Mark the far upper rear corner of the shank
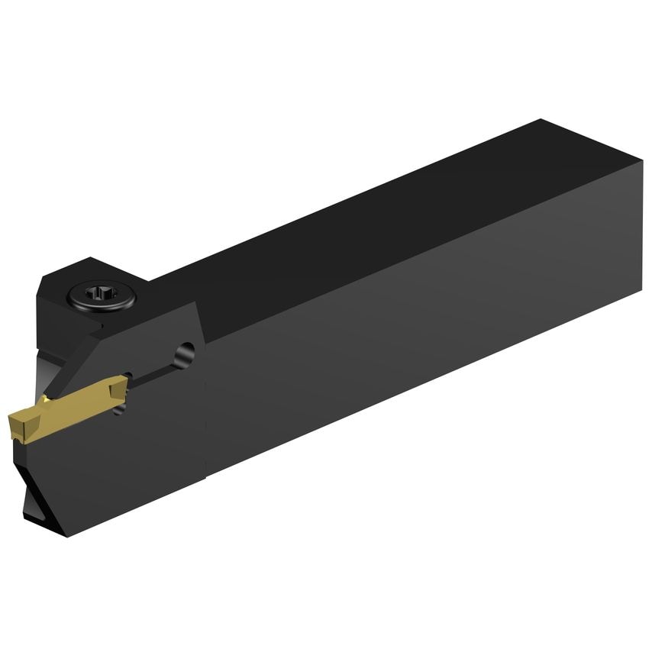click(541, 120)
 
